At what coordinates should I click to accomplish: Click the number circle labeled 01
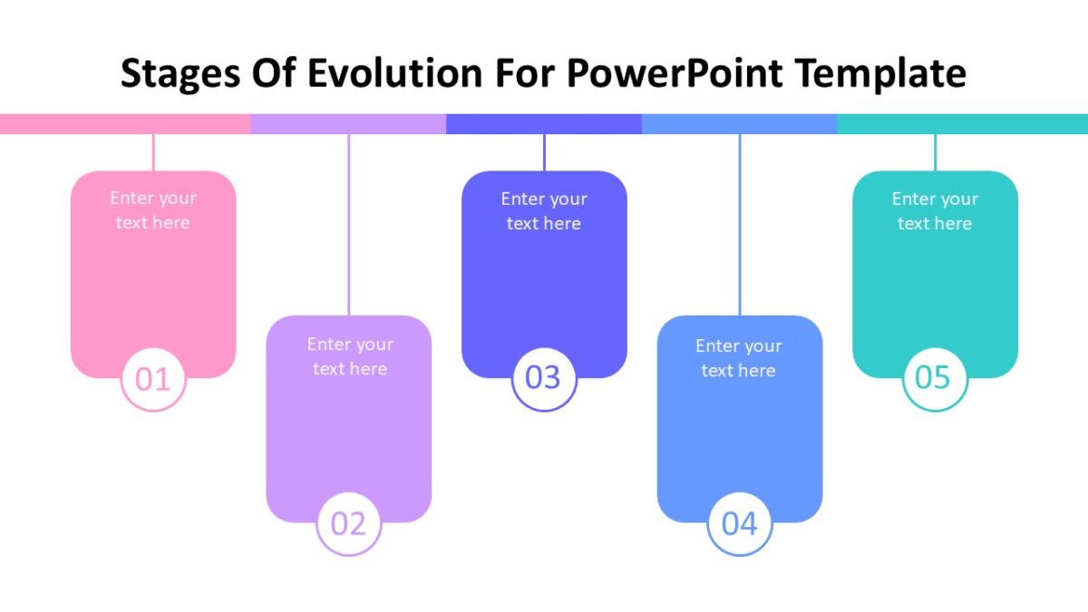click(x=153, y=379)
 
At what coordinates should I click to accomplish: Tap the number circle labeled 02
click(x=348, y=523)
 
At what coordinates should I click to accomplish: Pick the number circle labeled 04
click(x=740, y=523)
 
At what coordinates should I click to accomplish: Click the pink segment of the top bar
click(x=125, y=124)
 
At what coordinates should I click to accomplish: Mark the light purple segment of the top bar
click(x=348, y=124)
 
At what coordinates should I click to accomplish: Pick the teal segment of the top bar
click(x=962, y=124)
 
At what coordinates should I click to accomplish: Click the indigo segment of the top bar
click(x=544, y=124)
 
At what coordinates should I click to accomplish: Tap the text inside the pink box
click(x=153, y=210)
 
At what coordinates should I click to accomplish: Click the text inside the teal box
click(x=935, y=211)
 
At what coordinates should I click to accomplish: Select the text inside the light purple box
click(x=349, y=356)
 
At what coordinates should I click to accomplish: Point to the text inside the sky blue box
click(x=739, y=358)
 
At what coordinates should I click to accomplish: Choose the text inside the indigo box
click(x=544, y=211)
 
